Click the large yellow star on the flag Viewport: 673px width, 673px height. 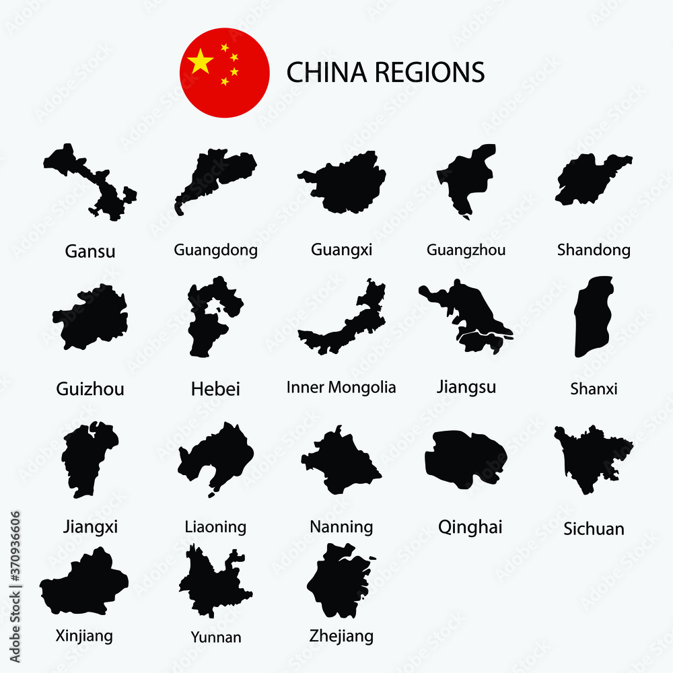coord(201,62)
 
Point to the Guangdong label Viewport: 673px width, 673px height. coord(215,250)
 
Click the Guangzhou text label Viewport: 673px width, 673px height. coord(466,250)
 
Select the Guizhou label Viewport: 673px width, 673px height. coord(90,389)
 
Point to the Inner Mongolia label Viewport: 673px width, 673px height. coord(341,388)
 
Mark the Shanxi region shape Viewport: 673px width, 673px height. coord(592,316)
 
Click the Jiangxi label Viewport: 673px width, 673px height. coord(90,526)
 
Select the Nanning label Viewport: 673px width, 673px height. coord(341,526)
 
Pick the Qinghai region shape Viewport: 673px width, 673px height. coord(464,458)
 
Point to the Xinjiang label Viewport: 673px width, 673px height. coord(84,635)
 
